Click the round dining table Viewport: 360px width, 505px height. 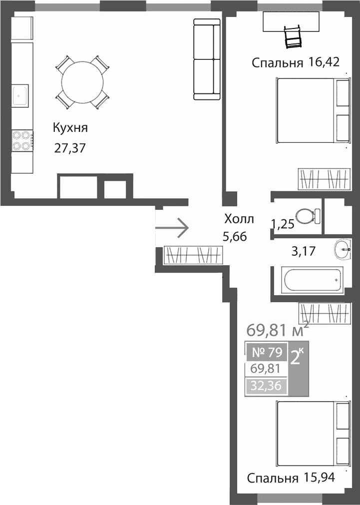click(82, 82)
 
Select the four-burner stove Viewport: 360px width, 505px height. click(21, 140)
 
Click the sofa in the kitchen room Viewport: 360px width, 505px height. click(206, 59)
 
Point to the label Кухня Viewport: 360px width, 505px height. click(70, 128)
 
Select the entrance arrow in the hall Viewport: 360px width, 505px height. click(172, 228)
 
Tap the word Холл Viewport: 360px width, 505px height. click(239, 219)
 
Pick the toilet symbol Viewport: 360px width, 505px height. click(308, 216)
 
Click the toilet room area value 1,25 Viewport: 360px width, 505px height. click(282, 223)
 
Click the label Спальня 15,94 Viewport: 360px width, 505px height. click(291, 478)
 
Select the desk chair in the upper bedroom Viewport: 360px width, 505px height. click(293, 36)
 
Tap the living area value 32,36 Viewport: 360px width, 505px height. click(266, 386)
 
